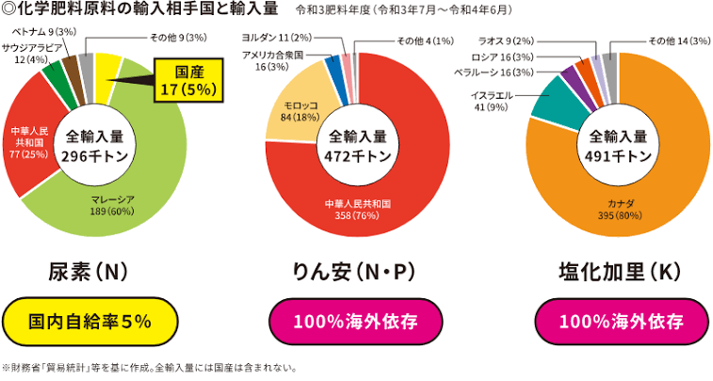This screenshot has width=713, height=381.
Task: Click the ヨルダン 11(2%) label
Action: (x=283, y=38)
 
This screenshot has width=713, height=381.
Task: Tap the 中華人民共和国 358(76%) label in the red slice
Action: (x=357, y=208)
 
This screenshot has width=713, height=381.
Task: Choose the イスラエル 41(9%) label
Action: (x=493, y=101)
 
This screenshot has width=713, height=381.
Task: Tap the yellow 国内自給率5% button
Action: (x=90, y=322)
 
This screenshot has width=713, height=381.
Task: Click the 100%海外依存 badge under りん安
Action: (x=356, y=322)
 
